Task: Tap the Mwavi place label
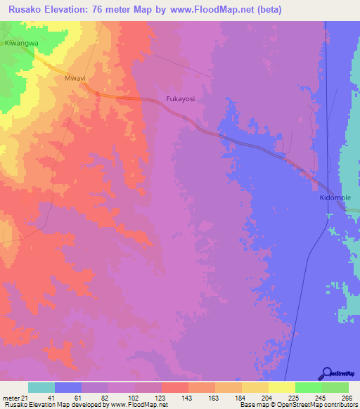coord(75,79)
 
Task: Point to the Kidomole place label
coord(330,199)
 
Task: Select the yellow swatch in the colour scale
coord(281,387)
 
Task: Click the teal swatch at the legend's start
coord(41,387)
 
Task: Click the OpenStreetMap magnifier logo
coord(326,373)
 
